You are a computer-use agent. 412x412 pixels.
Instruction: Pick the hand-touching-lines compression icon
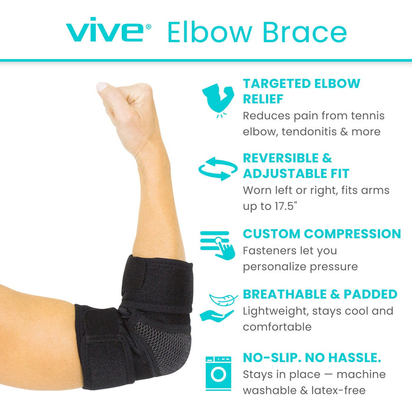tap(217, 244)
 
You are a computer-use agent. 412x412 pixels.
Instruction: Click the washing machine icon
tap(217, 373)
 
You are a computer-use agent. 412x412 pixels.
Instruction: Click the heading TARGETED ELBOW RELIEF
tap(301, 91)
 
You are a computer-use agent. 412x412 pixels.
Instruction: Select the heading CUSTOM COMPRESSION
tap(322, 234)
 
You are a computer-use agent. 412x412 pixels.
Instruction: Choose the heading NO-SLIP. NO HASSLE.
tap(313, 357)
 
